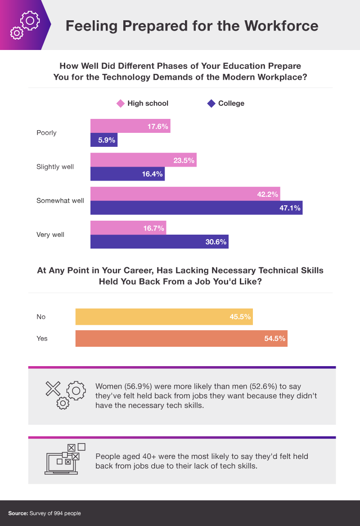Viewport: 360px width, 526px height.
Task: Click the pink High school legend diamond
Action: (x=120, y=104)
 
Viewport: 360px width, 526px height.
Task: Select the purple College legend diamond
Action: (x=211, y=104)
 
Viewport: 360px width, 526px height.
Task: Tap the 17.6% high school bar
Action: (x=130, y=126)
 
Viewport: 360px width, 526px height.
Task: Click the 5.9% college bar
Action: (x=103, y=140)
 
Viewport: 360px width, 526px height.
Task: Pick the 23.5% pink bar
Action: (x=143, y=160)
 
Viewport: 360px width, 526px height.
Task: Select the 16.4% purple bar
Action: (x=127, y=174)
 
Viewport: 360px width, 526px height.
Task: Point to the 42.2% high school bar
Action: (x=185, y=194)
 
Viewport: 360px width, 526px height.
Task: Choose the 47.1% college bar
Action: (x=196, y=208)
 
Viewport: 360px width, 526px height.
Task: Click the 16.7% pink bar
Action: (x=128, y=228)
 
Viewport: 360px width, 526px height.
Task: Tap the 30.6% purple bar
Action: (x=159, y=241)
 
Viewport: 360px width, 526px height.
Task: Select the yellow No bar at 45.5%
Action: (x=164, y=317)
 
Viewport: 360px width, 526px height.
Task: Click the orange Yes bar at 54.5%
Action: (x=181, y=338)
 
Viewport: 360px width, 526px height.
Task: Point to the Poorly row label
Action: (x=46, y=133)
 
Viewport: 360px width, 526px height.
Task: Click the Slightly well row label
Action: (x=55, y=167)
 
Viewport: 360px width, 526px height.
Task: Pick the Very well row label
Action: (x=50, y=235)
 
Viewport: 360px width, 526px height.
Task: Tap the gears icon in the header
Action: (x=25, y=25)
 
